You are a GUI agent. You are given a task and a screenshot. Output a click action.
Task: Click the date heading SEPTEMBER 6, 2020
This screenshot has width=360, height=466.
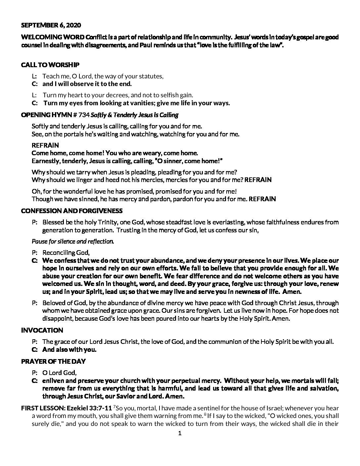point(51,25)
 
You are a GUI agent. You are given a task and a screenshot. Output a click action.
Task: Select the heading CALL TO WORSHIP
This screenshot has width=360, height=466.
point(50,65)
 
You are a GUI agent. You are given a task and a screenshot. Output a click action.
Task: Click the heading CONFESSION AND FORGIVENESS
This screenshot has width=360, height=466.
point(71,211)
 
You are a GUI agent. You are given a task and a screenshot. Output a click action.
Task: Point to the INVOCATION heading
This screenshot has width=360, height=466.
point(42,330)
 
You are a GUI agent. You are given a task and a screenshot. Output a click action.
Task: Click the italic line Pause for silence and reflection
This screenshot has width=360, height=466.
point(73,241)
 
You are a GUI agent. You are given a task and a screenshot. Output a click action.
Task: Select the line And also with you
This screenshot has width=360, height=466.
point(69,349)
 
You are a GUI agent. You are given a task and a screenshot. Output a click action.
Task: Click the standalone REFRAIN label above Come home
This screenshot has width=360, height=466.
point(45,145)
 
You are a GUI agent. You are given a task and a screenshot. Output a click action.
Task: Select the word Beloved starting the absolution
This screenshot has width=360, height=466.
point(53,303)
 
